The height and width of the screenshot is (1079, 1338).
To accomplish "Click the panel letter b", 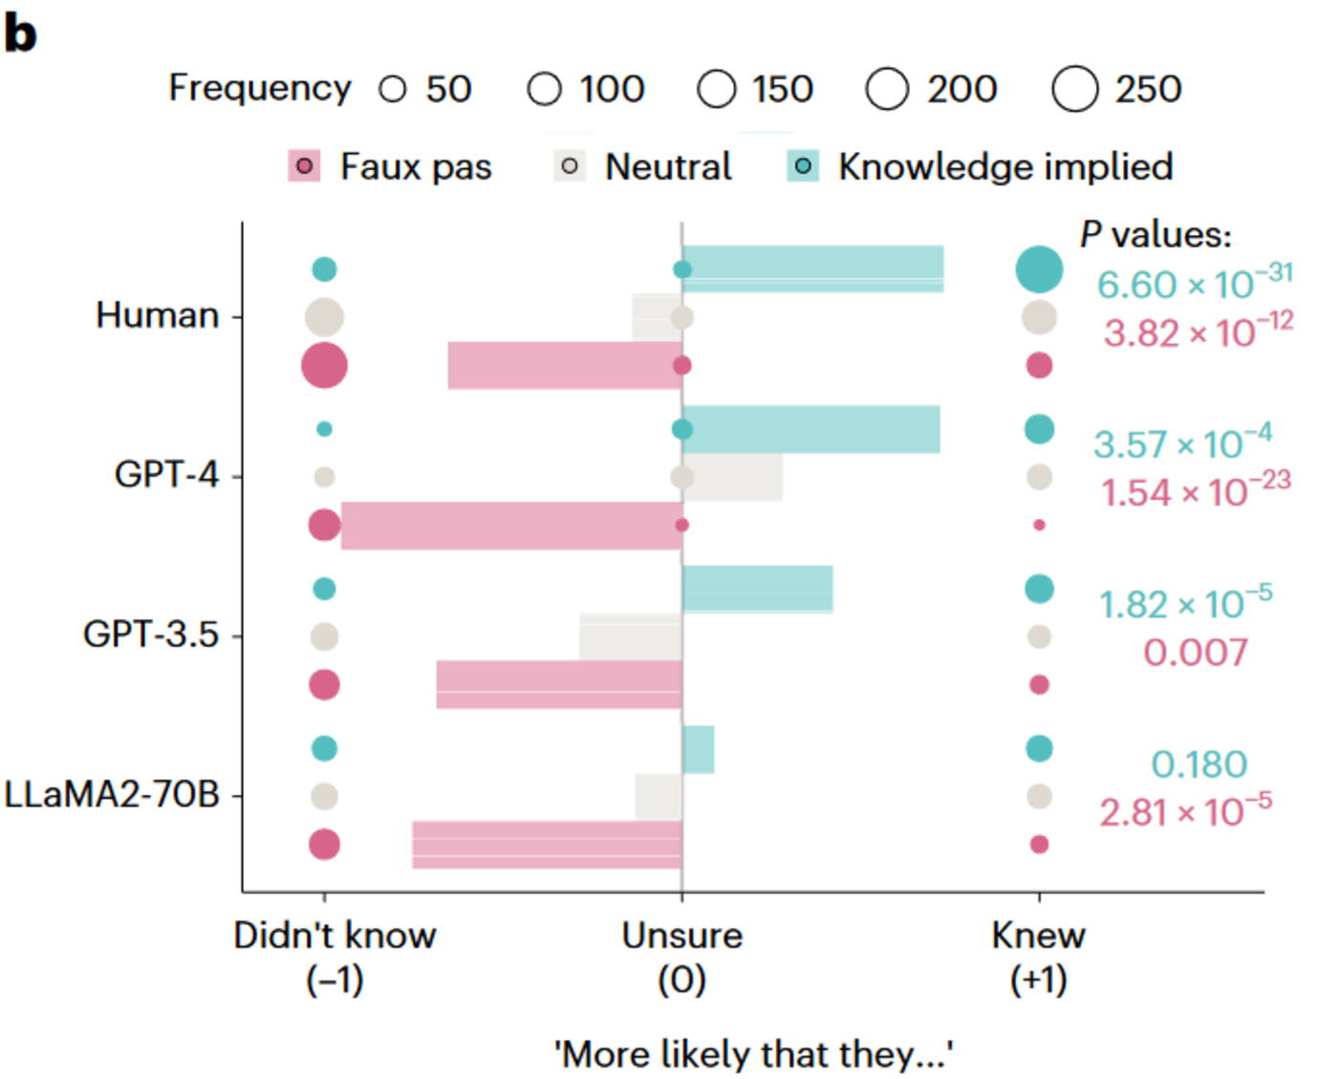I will [21, 34].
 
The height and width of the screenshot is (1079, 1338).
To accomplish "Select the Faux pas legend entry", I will [390, 167].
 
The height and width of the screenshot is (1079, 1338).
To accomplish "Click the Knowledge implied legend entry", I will [980, 167].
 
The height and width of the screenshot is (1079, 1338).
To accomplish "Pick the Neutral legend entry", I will [643, 167].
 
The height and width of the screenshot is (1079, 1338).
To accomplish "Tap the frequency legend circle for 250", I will [1075, 89].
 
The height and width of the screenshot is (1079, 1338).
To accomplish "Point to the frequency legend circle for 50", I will [393, 90].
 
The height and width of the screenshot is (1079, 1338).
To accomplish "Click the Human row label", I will [158, 315].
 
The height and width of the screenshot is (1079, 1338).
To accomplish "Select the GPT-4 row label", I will [166, 475].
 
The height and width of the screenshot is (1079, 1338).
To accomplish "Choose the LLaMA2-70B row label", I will [112, 795].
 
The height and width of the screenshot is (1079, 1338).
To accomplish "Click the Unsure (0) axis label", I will [682, 956].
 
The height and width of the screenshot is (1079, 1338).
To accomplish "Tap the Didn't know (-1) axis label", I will [334, 956].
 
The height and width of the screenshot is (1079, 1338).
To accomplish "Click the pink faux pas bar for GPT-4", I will [511, 526].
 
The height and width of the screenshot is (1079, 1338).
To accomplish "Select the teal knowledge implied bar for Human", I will [812, 270].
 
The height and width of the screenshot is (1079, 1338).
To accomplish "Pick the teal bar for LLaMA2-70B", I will [699, 749].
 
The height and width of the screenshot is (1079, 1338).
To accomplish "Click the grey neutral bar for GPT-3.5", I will [631, 637].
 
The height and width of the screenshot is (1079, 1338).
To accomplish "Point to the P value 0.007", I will [1196, 654].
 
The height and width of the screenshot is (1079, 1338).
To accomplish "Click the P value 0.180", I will [1199, 765].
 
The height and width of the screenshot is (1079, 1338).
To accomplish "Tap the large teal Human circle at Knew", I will [1039, 270].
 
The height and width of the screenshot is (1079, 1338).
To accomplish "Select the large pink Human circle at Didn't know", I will [324, 365].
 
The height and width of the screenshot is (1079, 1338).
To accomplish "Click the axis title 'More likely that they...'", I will [753, 1055].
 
